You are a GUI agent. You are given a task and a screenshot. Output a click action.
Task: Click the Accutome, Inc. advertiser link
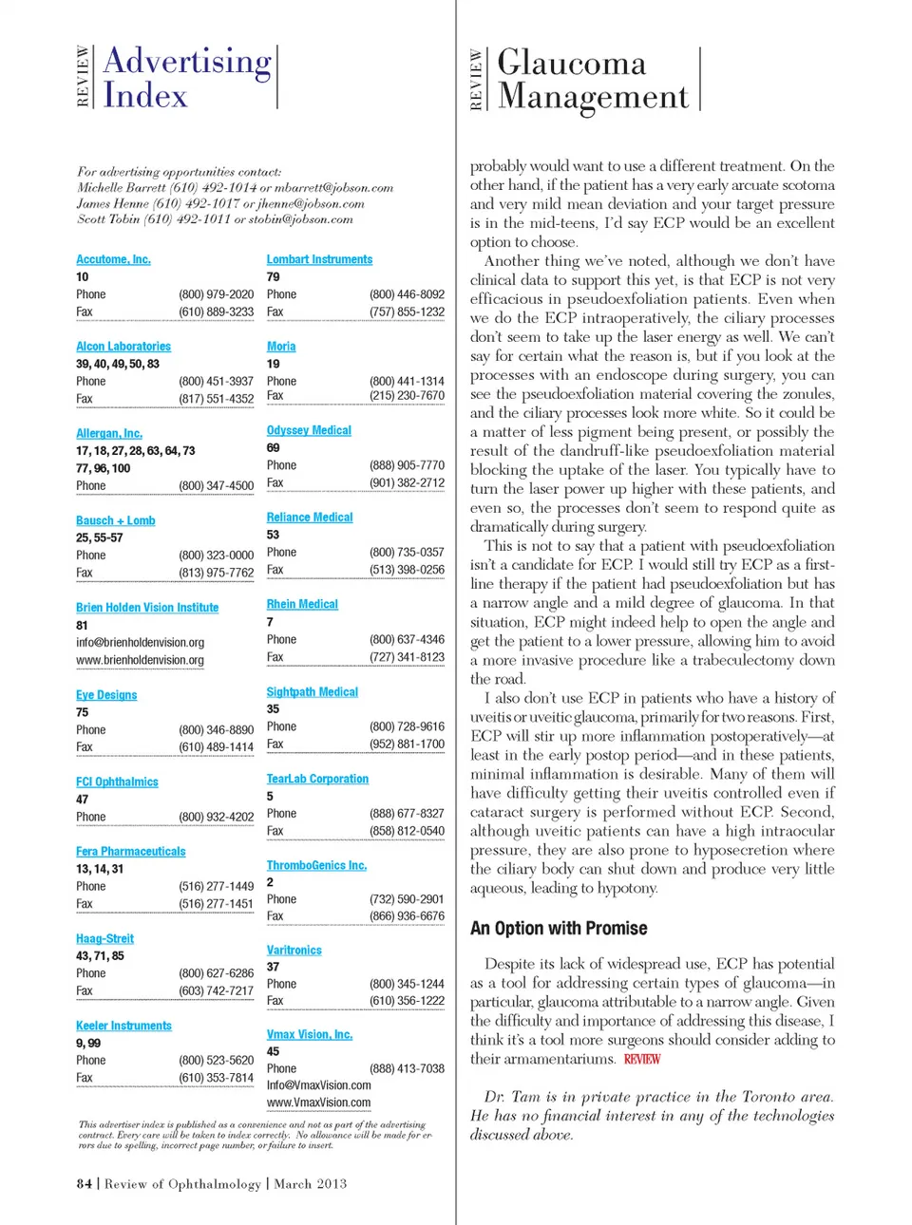coord(113,259)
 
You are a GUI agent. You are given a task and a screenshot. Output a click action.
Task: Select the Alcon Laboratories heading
coord(123,347)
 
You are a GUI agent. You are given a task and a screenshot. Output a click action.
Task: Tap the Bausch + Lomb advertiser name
coord(115,520)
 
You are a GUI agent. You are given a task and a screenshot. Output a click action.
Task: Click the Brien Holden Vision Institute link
coord(147,608)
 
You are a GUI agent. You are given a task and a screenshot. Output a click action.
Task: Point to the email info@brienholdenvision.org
coord(140,643)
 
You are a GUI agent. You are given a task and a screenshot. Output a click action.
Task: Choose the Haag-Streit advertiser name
coord(104,939)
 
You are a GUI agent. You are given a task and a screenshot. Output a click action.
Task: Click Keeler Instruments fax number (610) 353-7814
coord(216,1078)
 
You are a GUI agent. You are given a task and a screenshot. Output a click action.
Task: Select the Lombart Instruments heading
coord(319,259)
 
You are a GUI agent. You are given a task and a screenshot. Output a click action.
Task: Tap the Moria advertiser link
coord(281,347)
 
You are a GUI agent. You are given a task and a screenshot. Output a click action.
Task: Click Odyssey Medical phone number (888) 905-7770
coord(407,465)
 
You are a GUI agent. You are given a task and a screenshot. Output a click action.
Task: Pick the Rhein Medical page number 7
coord(270,622)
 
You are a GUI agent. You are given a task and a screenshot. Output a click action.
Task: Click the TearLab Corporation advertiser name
coord(317,779)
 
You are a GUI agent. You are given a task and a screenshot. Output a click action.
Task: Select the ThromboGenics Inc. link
coord(316,866)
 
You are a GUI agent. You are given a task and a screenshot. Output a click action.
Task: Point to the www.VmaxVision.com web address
coord(318,1102)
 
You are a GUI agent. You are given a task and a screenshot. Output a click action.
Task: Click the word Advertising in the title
coord(187,61)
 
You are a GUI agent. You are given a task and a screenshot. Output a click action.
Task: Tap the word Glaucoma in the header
coord(571,63)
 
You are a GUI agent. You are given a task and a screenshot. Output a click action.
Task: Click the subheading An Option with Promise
coord(559,929)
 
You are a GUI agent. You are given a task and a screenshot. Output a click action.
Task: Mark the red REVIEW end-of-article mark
coord(641,1059)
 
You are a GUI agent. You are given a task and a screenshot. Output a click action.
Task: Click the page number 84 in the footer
coord(85,1184)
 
